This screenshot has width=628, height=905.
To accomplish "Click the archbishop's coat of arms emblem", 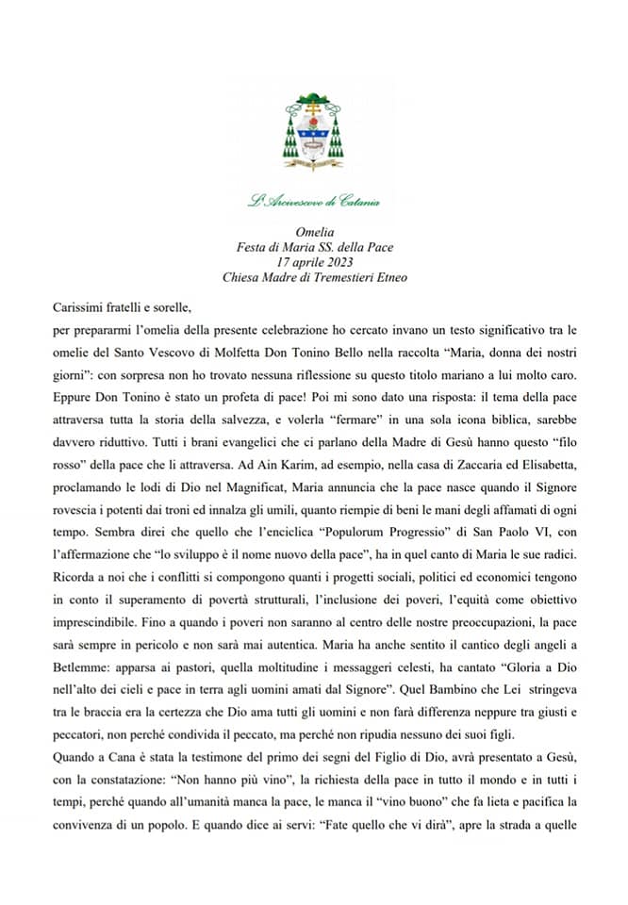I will [x=314, y=132].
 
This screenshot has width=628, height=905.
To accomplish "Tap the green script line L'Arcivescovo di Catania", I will [x=314, y=200].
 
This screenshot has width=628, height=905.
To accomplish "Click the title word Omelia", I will [x=314, y=231].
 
